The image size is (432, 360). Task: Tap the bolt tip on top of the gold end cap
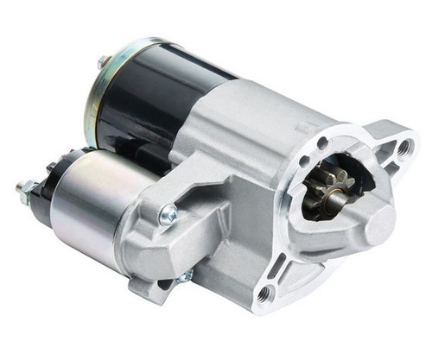point(103,61)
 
